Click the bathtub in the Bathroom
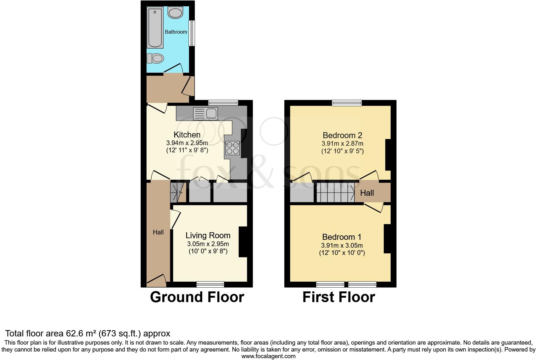[x=155, y=28]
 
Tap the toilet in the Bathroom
[x=156, y=58]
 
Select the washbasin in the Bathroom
[x=175, y=13]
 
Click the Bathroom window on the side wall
[x=191, y=33]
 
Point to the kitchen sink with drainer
[x=205, y=113]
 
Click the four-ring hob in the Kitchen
[x=232, y=148]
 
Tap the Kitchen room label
[x=187, y=135]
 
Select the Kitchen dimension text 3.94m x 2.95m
[x=187, y=143]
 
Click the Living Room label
[x=208, y=235]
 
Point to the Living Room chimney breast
[x=243, y=242]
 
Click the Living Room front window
[x=210, y=284]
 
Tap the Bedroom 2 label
[x=342, y=135]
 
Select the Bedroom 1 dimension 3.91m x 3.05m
[x=342, y=245]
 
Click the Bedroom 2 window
[x=347, y=103]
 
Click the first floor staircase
[x=335, y=193]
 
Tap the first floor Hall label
[x=367, y=193]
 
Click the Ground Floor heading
[x=197, y=297]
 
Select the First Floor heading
[x=338, y=297]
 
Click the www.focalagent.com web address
[x=268, y=356]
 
